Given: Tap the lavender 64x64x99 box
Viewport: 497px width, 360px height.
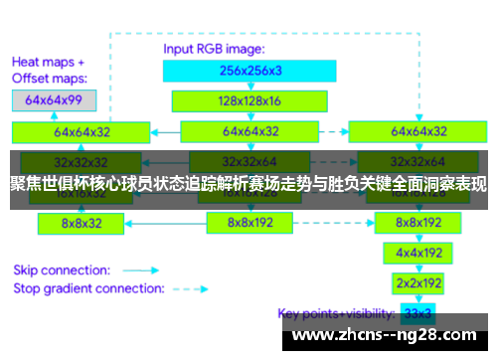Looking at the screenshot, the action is coord(54,100).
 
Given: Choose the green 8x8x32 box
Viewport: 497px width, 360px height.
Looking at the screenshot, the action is coord(82,223).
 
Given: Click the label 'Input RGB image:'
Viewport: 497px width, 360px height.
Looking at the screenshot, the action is coord(215,48).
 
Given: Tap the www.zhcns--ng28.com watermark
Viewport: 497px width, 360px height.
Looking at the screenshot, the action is coord(387,335).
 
